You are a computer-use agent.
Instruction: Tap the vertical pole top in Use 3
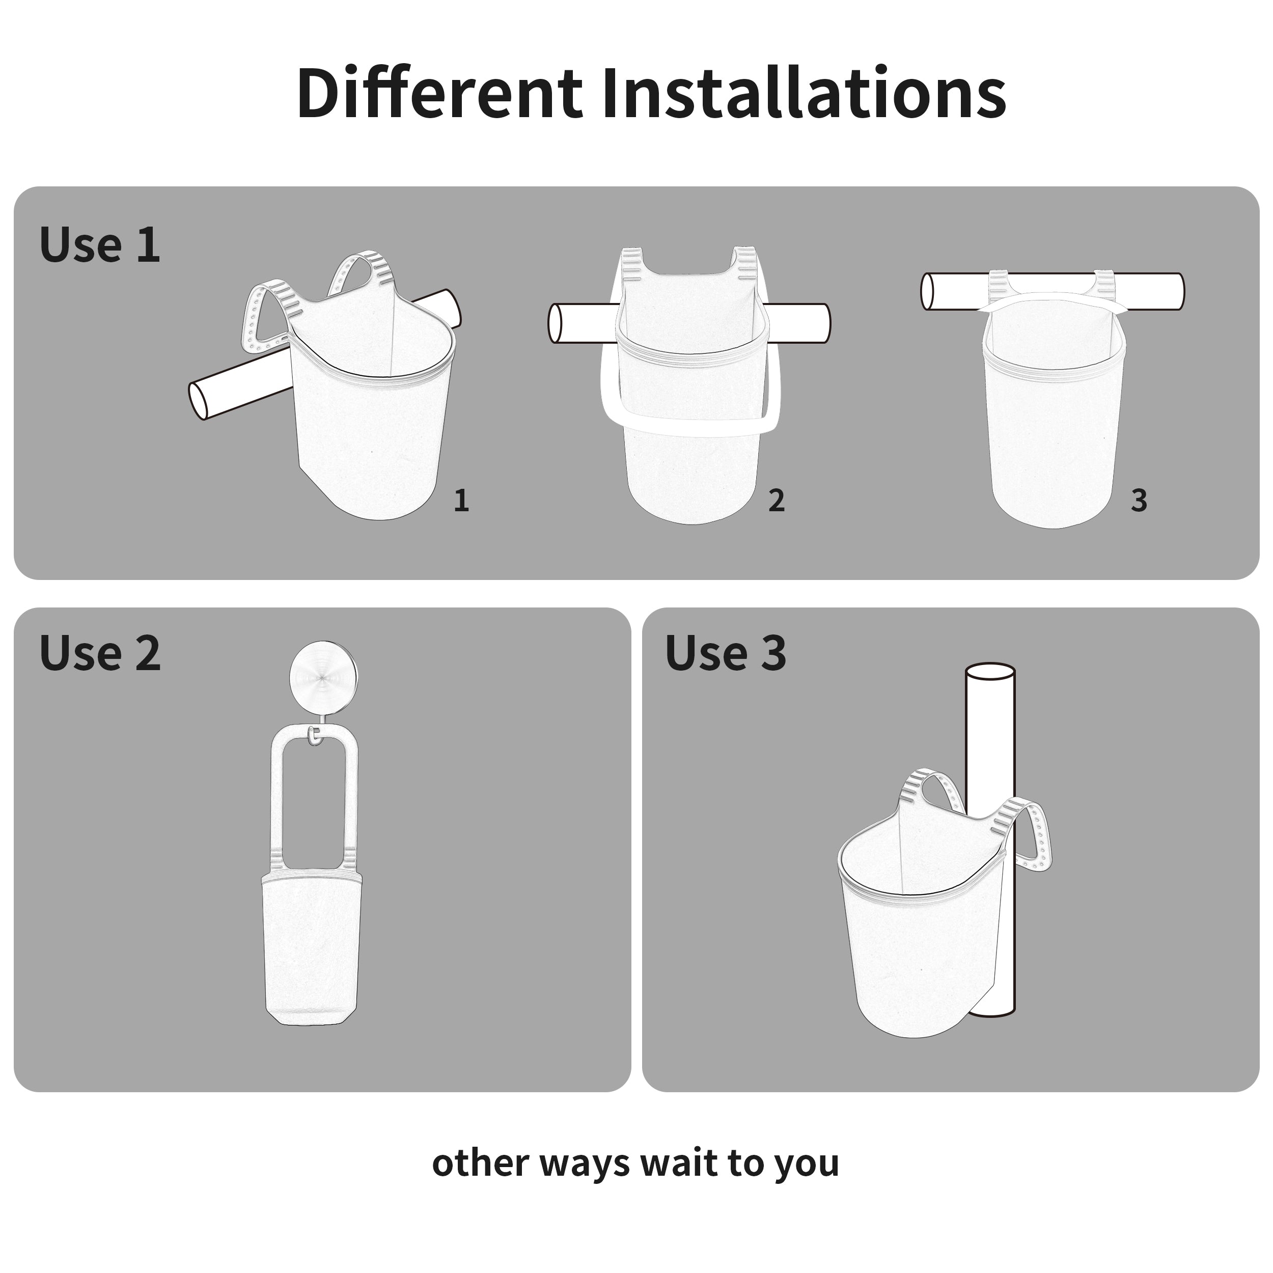(990, 677)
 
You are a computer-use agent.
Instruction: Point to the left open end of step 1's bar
(198, 400)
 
